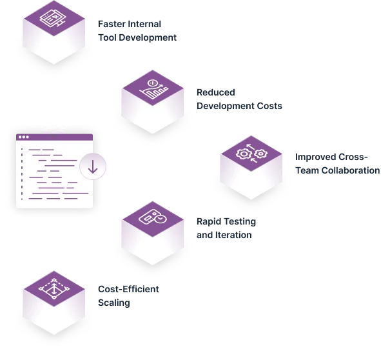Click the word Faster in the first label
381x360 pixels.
click(112, 24)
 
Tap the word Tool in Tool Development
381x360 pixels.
click(107, 37)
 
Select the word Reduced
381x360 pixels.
click(216, 92)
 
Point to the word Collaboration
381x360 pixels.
click(351, 170)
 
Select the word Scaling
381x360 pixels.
click(114, 303)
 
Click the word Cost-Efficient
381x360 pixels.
click(128, 289)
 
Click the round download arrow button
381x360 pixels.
click(93, 166)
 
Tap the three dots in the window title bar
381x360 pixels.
click(24, 137)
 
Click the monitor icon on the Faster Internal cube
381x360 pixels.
click(54, 19)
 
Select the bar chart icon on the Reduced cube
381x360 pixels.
click(153, 89)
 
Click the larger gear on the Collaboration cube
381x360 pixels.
click(243, 154)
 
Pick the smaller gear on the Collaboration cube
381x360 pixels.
click(260, 154)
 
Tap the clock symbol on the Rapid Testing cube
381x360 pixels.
click(160, 219)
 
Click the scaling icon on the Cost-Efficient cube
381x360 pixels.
click(54, 289)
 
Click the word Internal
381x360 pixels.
click(144, 24)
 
